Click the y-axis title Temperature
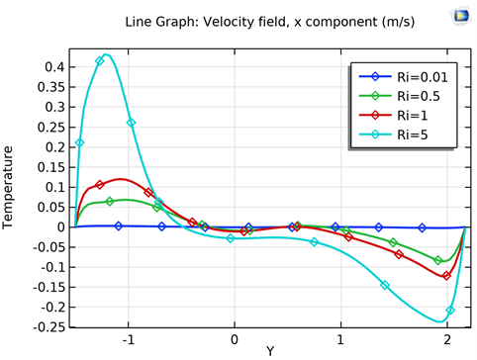pyautogui.click(x=10, y=187)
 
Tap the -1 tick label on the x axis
pyautogui.click(x=127, y=338)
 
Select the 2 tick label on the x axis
pyautogui.click(x=447, y=338)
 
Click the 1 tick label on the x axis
pyautogui.click(x=341, y=338)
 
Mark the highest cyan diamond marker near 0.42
pyautogui.click(x=100, y=61)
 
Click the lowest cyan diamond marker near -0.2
pyautogui.click(x=450, y=310)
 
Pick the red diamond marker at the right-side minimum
pyautogui.click(x=446, y=276)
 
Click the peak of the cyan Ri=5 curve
pyautogui.click(x=107, y=55)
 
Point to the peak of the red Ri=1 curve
pyautogui.click(x=120, y=179)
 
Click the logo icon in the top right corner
pyautogui.click(x=459, y=16)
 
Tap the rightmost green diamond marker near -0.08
pyautogui.click(x=438, y=260)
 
